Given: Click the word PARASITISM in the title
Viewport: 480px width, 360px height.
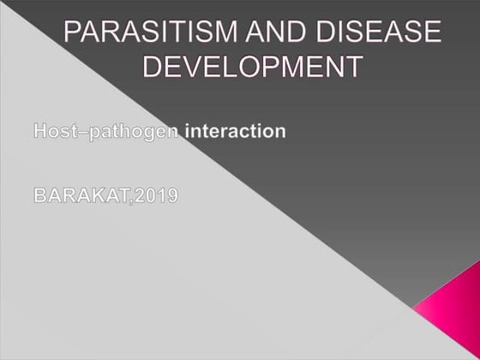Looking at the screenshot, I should point(146,36).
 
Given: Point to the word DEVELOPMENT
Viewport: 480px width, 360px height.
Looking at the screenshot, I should point(249,66).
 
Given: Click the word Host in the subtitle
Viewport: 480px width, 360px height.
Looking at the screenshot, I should point(53,131).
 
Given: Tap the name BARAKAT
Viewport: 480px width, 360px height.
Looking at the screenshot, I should point(81,195).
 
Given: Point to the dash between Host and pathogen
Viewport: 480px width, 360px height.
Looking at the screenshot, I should point(78,132).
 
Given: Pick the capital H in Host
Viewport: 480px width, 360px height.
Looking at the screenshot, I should point(39,131).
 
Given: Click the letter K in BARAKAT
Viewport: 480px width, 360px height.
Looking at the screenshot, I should point(97,195).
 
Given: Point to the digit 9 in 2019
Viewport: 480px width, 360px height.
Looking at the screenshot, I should point(172,195).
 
